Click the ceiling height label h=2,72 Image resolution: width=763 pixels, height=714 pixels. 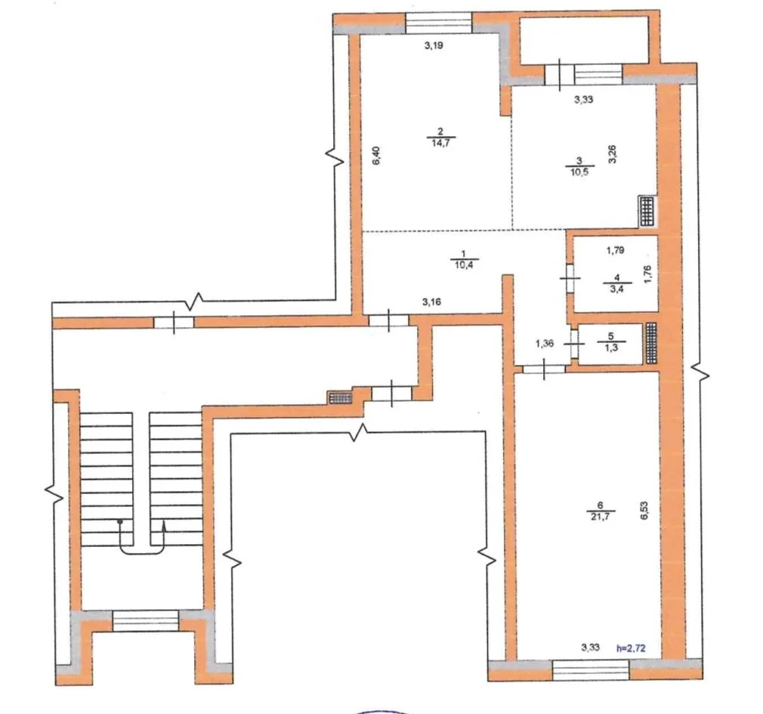click(631, 648)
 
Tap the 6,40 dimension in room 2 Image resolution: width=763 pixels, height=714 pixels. click(376, 156)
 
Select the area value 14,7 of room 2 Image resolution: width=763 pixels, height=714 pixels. click(440, 143)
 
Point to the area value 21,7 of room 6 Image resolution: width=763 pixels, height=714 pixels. click(600, 517)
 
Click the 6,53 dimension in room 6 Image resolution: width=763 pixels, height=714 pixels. click(644, 511)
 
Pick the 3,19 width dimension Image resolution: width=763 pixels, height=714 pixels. click(434, 46)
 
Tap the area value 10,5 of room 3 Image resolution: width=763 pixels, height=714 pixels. click(579, 172)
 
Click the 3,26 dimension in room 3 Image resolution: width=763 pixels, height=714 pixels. click(613, 154)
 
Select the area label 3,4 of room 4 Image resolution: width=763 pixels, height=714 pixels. click(616, 289)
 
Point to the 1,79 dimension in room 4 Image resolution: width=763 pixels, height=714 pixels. click(615, 250)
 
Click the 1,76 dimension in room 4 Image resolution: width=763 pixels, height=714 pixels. click(647, 274)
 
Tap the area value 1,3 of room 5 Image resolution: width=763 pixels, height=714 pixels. click(611, 348)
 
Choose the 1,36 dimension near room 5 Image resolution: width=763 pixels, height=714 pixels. click(545, 344)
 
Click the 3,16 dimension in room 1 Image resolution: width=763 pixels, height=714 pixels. click(431, 301)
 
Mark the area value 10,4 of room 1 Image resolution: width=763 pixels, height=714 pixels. click(463, 265)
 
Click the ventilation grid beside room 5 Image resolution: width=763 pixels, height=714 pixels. click(651, 342)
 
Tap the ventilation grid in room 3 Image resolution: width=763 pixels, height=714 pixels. click(647, 212)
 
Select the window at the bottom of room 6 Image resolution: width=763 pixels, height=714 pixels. click(591, 669)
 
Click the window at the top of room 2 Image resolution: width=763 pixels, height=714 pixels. click(438, 23)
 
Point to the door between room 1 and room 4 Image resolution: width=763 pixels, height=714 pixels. click(570, 278)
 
